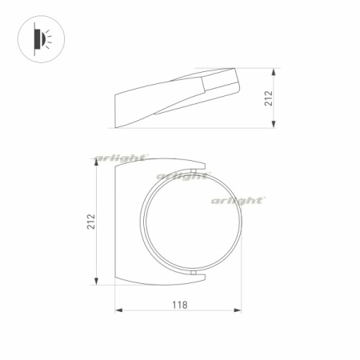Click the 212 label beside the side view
click(269, 98)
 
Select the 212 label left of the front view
click(91, 221)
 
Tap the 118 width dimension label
click(179, 304)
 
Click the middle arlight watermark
click(182, 176)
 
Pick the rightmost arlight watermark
click(238, 201)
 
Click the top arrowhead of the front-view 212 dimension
click(98, 159)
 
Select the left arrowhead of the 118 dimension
click(118, 311)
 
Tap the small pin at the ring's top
click(194, 173)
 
